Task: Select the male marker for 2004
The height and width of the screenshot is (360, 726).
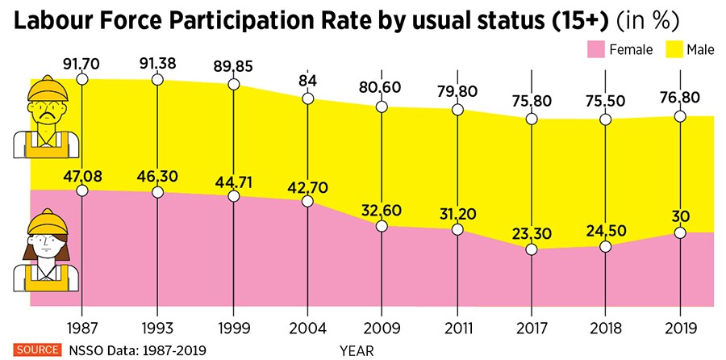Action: pos(307,98)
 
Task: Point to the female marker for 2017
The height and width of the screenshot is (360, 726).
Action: pos(531,249)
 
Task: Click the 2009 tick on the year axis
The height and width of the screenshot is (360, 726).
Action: pos(382,329)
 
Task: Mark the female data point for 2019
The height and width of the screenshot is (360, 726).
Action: pos(681,232)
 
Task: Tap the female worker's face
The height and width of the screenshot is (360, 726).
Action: pos(45,244)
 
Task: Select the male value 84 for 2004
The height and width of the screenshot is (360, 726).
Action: pos(307,79)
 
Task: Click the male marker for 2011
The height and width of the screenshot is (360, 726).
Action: pos(457,110)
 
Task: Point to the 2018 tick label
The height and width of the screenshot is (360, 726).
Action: pos(606,329)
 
